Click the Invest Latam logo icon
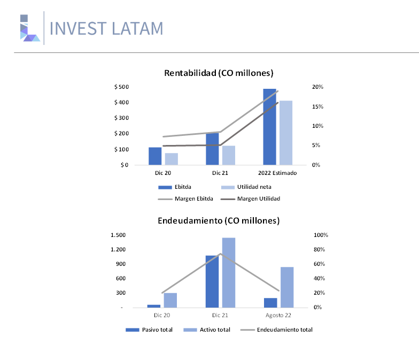(x=30, y=28)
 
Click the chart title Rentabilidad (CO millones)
(x=219, y=73)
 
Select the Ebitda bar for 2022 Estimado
(x=269, y=127)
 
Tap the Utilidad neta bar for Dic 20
(x=171, y=159)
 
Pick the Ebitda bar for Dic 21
(x=212, y=149)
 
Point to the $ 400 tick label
(x=122, y=103)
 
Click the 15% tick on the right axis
(x=317, y=106)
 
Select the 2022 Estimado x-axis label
(x=277, y=173)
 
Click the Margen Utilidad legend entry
(x=250, y=199)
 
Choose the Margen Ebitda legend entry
(x=185, y=199)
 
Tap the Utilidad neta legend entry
(x=246, y=187)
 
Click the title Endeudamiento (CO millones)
(x=219, y=220)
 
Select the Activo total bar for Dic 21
(x=229, y=273)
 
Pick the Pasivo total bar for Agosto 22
(x=270, y=303)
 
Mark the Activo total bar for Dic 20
(x=170, y=301)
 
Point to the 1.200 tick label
(x=118, y=249)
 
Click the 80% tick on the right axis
(x=320, y=249)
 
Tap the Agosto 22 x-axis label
(x=278, y=316)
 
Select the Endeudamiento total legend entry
(x=276, y=330)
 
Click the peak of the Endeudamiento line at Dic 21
(x=220, y=254)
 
